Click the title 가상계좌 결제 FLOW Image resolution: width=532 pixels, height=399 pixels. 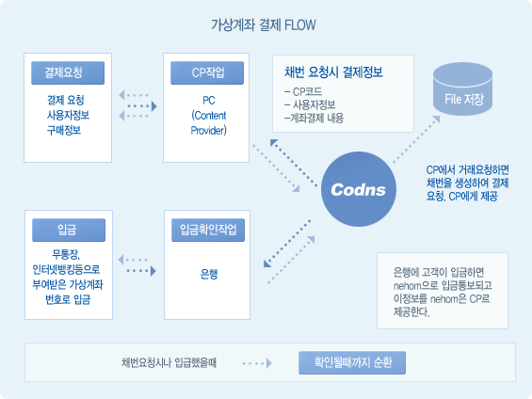264,25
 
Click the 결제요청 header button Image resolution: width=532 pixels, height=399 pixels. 68,72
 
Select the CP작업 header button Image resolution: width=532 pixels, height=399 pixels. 207,72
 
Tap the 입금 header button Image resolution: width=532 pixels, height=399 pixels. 69,230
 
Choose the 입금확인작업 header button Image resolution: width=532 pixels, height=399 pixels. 208,230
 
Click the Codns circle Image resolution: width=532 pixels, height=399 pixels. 359,189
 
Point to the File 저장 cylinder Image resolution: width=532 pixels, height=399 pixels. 462,88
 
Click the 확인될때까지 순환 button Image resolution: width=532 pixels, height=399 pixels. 352,362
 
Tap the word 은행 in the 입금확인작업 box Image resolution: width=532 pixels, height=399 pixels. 209,274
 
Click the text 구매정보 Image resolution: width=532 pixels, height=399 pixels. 64,130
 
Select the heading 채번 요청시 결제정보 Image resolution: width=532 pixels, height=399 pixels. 333,72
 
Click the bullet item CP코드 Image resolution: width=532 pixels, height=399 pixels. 303,92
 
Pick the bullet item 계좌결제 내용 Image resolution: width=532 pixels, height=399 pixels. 314,119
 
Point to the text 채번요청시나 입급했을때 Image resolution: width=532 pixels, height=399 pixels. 169,363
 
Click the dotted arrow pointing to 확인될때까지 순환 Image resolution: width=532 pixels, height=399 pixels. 257,363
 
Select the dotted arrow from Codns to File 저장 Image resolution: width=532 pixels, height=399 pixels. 416,139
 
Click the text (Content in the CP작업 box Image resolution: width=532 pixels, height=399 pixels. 209,116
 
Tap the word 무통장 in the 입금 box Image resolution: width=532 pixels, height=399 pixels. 66,254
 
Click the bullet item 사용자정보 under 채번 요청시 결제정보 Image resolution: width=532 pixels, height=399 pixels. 310,105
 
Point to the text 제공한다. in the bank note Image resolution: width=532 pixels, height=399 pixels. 411,311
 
